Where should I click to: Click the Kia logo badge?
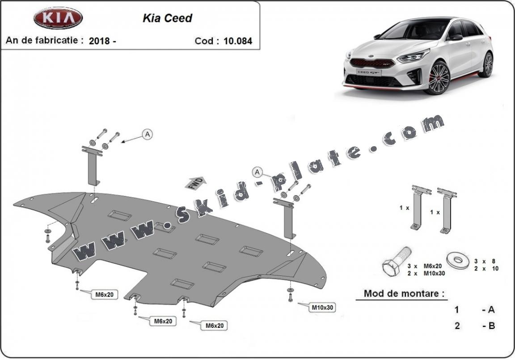58,18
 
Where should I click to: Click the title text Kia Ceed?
167,18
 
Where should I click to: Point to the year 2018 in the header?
100,41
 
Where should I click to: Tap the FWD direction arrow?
196,183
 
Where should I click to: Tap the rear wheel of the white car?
487,65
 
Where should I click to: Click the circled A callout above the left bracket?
148,134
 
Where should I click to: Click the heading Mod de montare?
404,294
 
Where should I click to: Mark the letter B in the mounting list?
491,326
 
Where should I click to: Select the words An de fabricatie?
44,40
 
